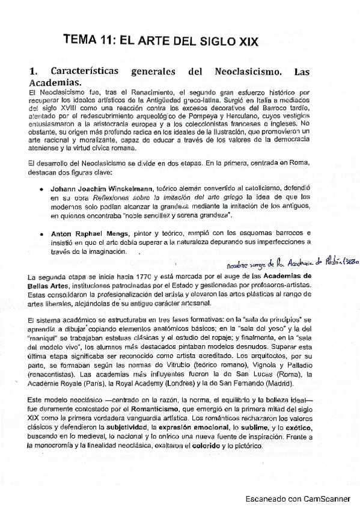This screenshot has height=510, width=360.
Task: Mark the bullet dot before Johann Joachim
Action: click(41, 189)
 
